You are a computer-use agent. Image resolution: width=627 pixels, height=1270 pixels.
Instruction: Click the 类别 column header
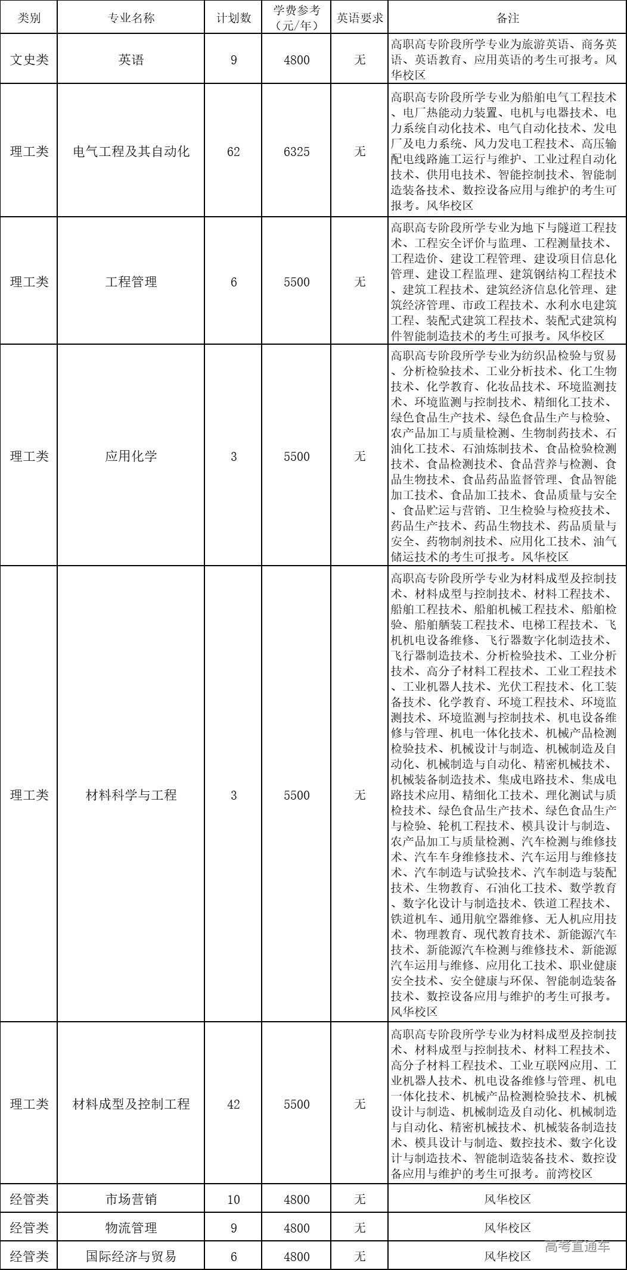pyautogui.click(x=29, y=18)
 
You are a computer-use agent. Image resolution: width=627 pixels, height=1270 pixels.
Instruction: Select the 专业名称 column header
pyautogui.click(x=131, y=18)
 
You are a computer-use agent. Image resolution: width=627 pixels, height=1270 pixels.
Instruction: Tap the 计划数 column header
pyautogui.click(x=234, y=18)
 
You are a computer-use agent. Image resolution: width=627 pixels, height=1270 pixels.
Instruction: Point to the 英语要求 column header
pyautogui.click(x=359, y=18)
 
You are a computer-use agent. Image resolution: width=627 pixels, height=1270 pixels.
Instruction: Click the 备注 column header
pyautogui.click(x=507, y=18)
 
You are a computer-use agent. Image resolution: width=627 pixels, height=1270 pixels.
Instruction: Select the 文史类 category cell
pyautogui.click(x=29, y=60)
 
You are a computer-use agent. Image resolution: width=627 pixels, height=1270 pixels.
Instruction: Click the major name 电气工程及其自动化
pyautogui.click(x=131, y=152)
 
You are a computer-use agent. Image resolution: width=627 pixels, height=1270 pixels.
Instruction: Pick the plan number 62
pyautogui.click(x=234, y=152)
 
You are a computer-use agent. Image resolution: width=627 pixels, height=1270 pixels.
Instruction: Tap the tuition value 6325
pyautogui.click(x=297, y=152)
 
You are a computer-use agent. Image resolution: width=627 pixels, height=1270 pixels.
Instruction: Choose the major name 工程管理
pyautogui.click(x=131, y=282)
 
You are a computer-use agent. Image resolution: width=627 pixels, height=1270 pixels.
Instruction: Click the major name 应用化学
pyautogui.click(x=131, y=457)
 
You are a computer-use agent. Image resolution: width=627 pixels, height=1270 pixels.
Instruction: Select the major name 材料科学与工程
pyautogui.click(x=131, y=795)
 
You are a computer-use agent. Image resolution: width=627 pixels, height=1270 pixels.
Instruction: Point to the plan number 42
pyautogui.click(x=234, y=1104)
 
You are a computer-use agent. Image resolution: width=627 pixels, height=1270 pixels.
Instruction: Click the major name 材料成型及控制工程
pyautogui.click(x=131, y=1104)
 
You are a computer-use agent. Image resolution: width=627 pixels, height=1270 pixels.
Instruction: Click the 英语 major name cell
pyautogui.click(x=131, y=60)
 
